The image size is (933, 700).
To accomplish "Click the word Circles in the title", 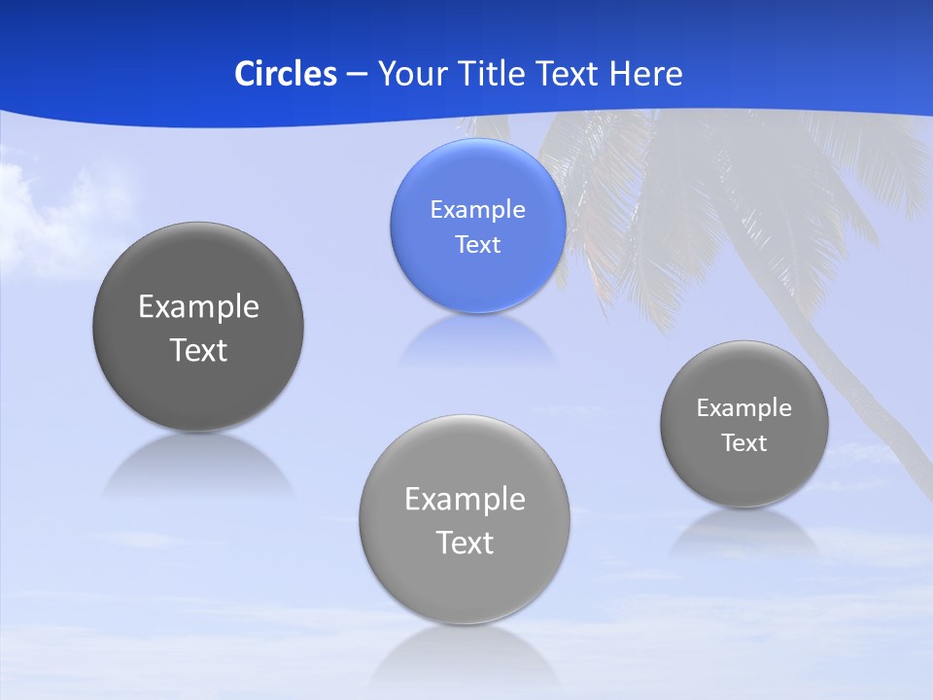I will point(286,74).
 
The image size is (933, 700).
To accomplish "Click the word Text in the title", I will point(569,74).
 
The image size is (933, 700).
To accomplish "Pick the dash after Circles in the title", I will point(356,75).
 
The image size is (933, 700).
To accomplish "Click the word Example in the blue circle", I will point(477,210).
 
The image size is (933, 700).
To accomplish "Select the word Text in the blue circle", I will point(477,244).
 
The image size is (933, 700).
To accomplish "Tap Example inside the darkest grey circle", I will point(198,307).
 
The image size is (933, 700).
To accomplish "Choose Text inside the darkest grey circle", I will point(198,350).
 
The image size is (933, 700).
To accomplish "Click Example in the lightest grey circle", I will point(465,500).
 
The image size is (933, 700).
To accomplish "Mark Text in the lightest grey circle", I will point(465,542).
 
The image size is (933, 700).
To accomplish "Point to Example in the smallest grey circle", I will point(743,408).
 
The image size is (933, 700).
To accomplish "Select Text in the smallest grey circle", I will point(743,443).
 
